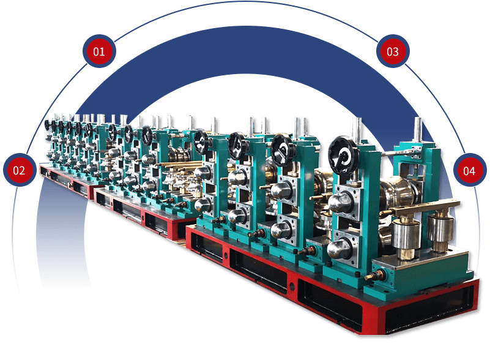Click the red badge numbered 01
click(x=99, y=51)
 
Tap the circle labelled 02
click(x=19, y=170)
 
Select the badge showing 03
click(x=393, y=51)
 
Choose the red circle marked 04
click(x=469, y=170)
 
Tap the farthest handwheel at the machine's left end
click(x=48, y=126)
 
